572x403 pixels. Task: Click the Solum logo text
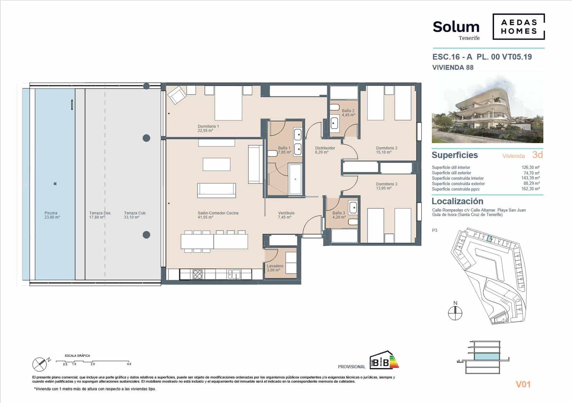click(456, 27)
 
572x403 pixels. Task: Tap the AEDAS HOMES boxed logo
click(518, 26)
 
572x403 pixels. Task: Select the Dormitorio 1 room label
click(208, 128)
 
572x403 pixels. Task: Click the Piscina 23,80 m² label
click(51, 215)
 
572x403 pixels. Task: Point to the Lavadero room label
click(275, 268)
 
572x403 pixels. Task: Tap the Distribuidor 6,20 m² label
click(325, 150)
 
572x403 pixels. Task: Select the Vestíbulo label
click(286, 215)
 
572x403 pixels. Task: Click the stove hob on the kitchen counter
click(197, 275)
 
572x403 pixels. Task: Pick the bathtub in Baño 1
click(295, 179)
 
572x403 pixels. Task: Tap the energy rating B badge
click(383, 361)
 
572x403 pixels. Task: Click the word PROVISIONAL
click(351, 367)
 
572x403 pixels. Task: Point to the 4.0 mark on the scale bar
click(129, 364)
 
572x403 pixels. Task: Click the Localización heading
click(457, 201)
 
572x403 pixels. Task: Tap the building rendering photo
click(487, 110)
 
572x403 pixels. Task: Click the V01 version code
click(523, 384)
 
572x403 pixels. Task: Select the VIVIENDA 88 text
click(453, 67)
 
